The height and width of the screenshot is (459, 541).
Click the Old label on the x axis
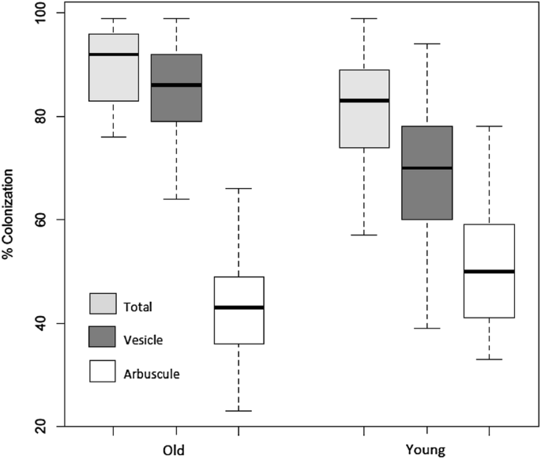pos(175,450)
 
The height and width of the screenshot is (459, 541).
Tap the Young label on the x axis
pos(426,450)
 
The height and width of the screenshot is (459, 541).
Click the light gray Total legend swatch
pos(102,304)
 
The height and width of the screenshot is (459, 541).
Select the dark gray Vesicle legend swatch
pos(102,337)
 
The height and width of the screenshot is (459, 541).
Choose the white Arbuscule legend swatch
pos(102,370)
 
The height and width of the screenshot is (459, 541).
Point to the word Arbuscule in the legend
pos(151,372)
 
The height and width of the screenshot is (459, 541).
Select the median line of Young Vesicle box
pos(426,168)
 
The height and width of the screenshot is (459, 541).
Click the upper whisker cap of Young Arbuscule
pos(489,126)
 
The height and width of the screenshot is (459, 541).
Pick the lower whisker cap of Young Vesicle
pos(426,328)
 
